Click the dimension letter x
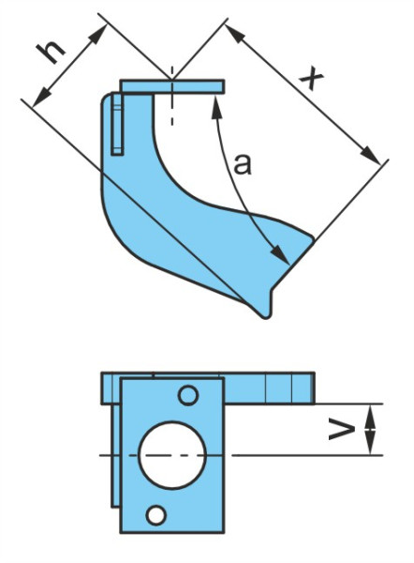coord(311,79)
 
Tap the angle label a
coord(243,164)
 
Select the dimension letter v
coord(342,431)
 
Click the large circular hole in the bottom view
coord(172,455)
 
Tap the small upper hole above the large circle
coord(188,395)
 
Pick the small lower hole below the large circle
coord(155,515)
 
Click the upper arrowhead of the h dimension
coord(98,34)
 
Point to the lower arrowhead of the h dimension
coord(41,97)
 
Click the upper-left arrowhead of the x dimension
coord(236,35)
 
